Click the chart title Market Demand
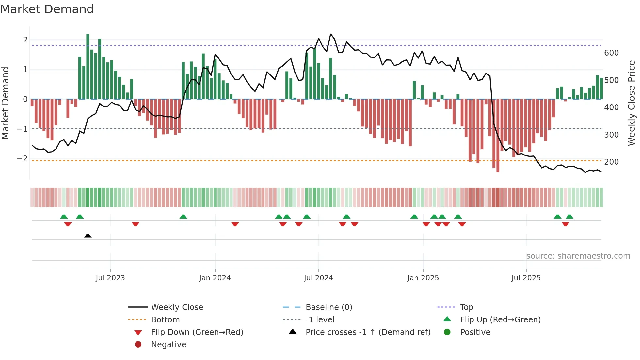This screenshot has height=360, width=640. coord(47,9)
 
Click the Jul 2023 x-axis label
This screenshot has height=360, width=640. coord(110,278)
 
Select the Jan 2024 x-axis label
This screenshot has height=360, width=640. coord(215,278)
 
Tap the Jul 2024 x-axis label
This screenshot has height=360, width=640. coord(318,278)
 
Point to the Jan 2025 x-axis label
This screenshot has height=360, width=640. coord(423,278)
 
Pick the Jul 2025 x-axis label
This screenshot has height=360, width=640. coord(526,278)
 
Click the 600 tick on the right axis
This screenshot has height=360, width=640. coord(611,53)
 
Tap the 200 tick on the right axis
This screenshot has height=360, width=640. coord(611,162)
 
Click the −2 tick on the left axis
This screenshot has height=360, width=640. coord(23,159)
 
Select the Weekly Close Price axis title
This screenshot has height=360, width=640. coord(632,103)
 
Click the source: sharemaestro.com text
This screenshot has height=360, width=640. coord(578,256)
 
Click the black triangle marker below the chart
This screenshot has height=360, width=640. coord(88,236)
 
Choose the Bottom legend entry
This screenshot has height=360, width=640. coord(165,320)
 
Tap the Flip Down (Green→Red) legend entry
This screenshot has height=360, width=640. coord(197,332)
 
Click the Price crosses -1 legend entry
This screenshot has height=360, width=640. coord(368,332)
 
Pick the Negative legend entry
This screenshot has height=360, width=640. coord(168,345)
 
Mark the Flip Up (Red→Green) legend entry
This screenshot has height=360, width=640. coord(500,320)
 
